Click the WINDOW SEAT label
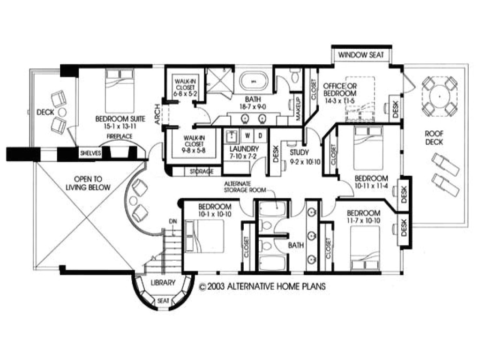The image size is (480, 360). (361, 55)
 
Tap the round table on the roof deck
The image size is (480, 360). (439, 97)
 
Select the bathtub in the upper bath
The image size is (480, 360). (255, 81)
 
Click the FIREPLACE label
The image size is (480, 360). (119, 136)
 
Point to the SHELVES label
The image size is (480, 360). (90, 153)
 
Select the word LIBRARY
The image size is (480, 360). (163, 283)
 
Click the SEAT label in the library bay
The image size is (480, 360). (163, 300)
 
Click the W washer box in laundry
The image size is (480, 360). (248, 135)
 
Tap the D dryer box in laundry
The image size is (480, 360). (261, 135)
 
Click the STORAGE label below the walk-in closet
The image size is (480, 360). (202, 172)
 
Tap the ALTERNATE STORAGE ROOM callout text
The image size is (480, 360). (245, 187)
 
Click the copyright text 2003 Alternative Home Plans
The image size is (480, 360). (262, 286)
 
